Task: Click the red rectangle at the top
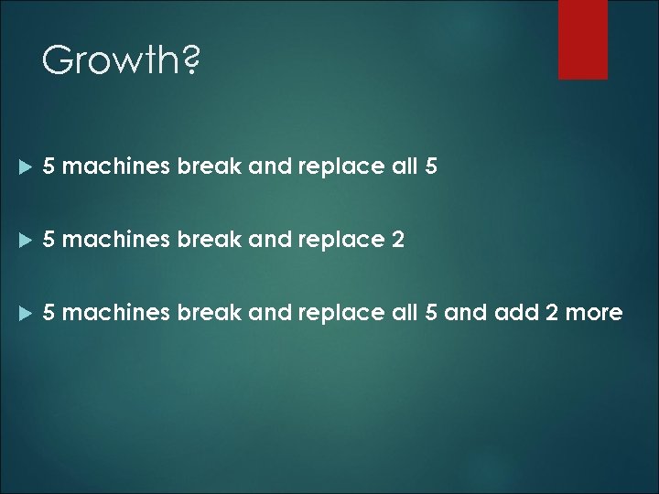click(x=583, y=38)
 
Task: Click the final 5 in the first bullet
click(x=432, y=167)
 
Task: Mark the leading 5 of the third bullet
click(x=49, y=314)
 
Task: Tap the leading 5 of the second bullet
click(x=49, y=241)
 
